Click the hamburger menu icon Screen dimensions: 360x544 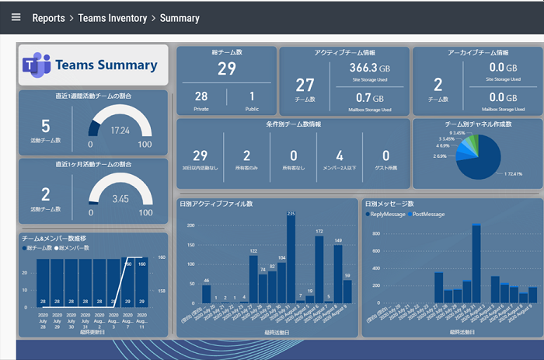16,17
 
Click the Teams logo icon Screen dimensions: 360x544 36,65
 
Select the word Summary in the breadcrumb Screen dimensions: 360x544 180,18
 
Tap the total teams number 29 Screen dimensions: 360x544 226,69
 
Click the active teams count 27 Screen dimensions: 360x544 305,86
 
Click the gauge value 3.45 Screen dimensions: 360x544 120,198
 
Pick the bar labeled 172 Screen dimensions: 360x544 319,269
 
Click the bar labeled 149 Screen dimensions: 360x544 338,273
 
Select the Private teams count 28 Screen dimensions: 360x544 201,96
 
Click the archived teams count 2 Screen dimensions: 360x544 438,86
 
